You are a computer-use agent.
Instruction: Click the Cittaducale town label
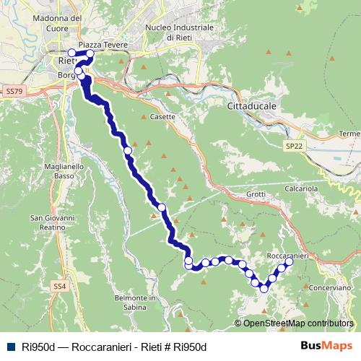click(x=247, y=105)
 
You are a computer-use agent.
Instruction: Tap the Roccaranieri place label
click(x=287, y=256)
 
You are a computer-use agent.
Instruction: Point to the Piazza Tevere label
click(x=103, y=45)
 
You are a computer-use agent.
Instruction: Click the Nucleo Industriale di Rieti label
click(x=179, y=32)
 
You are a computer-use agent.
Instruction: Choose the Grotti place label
click(x=256, y=193)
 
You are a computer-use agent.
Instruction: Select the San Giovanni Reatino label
click(x=53, y=222)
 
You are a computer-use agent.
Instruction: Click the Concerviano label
click(x=330, y=287)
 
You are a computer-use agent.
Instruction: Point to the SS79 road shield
click(x=13, y=92)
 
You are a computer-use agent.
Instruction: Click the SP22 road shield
click(x=293, y=146)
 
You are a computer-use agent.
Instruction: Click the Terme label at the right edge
click(x=349, y=134)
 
